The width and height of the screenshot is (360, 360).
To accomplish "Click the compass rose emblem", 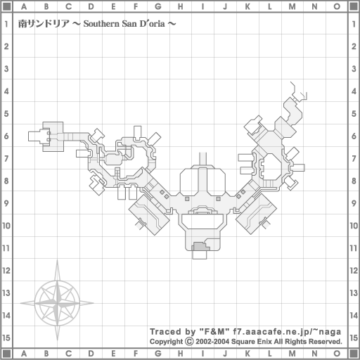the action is tap(57, 302).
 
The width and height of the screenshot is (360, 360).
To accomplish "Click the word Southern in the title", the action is tap(101, 24).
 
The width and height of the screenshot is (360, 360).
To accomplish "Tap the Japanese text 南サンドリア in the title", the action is tap(44, 24).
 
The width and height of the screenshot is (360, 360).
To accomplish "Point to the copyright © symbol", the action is tap(189, 341).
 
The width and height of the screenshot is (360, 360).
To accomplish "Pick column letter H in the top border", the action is tap(180, 6).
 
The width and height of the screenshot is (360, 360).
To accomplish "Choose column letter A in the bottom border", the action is tap(24, 354).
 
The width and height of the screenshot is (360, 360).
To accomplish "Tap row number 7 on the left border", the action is tap(6, 158).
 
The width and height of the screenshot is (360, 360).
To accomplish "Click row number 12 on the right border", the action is tap(354, 271).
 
